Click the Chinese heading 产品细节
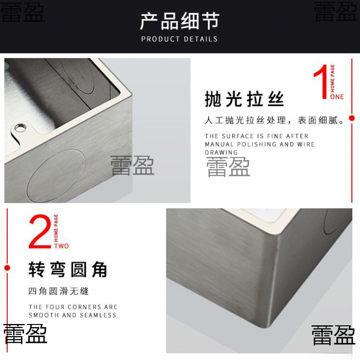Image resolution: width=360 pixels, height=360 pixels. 180,21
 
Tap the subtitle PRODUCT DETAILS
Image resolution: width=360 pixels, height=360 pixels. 180,39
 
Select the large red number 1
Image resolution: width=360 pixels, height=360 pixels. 321,82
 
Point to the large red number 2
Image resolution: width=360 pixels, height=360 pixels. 40,232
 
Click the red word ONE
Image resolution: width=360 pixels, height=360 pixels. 337,97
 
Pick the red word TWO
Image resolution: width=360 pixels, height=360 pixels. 62,246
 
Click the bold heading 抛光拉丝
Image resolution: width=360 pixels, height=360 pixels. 244,99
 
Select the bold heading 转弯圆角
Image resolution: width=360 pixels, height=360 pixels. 68,270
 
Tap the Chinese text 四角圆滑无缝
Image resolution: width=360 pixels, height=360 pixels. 58,291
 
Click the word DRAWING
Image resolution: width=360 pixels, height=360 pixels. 221,153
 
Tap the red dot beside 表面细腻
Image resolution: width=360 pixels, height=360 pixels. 352,118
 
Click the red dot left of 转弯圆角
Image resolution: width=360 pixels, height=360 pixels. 7,268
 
